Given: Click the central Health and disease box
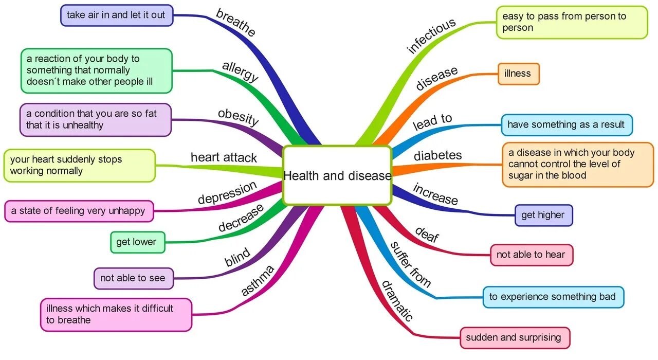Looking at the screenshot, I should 337,175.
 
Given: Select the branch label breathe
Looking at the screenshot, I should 235,23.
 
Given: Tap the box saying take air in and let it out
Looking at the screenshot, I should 116,15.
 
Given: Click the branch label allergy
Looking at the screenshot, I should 240,71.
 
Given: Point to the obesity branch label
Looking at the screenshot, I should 238,117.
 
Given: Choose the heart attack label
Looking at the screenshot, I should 224,157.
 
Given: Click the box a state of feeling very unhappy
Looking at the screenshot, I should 79,211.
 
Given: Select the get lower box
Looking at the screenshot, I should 137,242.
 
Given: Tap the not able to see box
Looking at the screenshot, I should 133,278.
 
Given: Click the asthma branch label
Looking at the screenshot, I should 258,280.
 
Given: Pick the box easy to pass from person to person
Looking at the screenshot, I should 571,22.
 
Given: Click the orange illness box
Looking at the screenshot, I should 518,74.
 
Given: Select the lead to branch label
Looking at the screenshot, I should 432,122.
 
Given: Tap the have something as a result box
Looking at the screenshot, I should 566,124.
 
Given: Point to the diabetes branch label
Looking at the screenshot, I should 438,155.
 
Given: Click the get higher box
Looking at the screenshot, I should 543,215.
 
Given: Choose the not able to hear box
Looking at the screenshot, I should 531,255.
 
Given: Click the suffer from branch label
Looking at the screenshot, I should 410,264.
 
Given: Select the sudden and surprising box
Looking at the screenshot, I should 514,338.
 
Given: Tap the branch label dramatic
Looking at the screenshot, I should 397,300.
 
